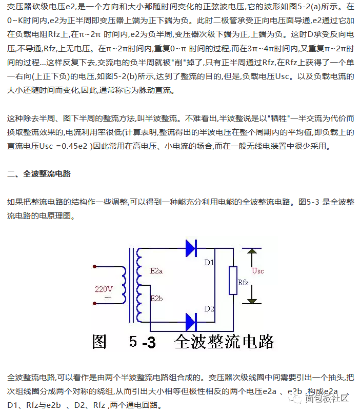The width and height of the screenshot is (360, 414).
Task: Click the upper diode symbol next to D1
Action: (191, 248)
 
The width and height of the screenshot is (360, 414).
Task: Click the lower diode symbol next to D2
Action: (191, 322)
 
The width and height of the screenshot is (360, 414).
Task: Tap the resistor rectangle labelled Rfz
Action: (233, 281)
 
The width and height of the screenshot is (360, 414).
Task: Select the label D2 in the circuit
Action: (209, 308)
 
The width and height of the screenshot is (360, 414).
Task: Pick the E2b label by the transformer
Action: (156, 298)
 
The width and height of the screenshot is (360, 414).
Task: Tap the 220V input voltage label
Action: (103, 289)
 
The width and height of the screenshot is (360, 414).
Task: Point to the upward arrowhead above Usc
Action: (252, 252)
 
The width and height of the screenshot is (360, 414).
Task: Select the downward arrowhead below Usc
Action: (252, 302)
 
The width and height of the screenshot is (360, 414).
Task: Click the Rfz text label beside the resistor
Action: (243, 282)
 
